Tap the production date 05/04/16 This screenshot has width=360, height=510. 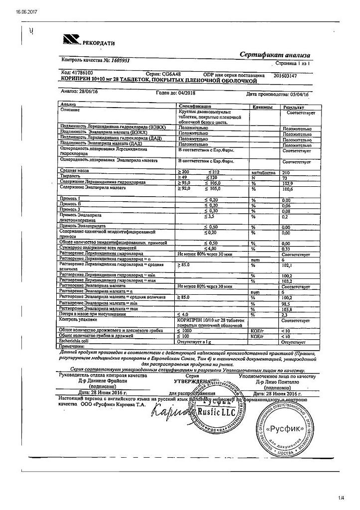click(x=309, y=93)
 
